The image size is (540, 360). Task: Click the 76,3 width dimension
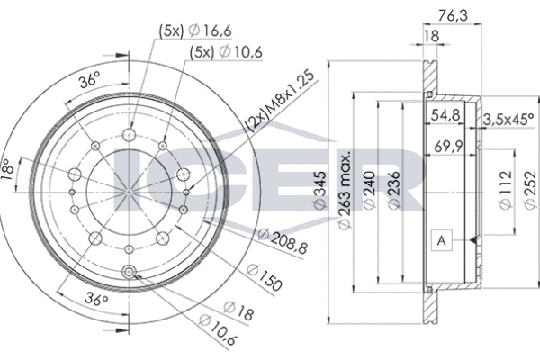(x=454, y=16)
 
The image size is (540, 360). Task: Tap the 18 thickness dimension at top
(x=431, y=36)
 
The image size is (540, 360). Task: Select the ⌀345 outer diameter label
(x=320, y=190)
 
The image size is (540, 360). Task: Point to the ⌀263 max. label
(x=345, y=189)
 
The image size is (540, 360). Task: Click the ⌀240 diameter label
(x=369, y=190)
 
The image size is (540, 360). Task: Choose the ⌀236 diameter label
(x=394, y=190)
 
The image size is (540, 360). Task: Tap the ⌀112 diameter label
(x=506, y=190)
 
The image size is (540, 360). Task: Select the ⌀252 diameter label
(x=531, y=190)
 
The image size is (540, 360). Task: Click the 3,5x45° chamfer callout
(x=508, y=120)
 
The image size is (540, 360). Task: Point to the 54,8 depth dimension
(x=446, y=115)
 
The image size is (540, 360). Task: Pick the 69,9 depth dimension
(x=448, y=147)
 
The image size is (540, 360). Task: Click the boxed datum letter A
(x=442, y=240)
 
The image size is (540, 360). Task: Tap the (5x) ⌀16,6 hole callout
(x=195, y=31)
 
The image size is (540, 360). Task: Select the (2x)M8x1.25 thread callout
(x=280, y=102)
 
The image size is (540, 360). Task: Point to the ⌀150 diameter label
(x=265, y=276)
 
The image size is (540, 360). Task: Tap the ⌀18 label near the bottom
(x=238, y=310)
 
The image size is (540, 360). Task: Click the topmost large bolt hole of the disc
(x=129, y=135)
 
